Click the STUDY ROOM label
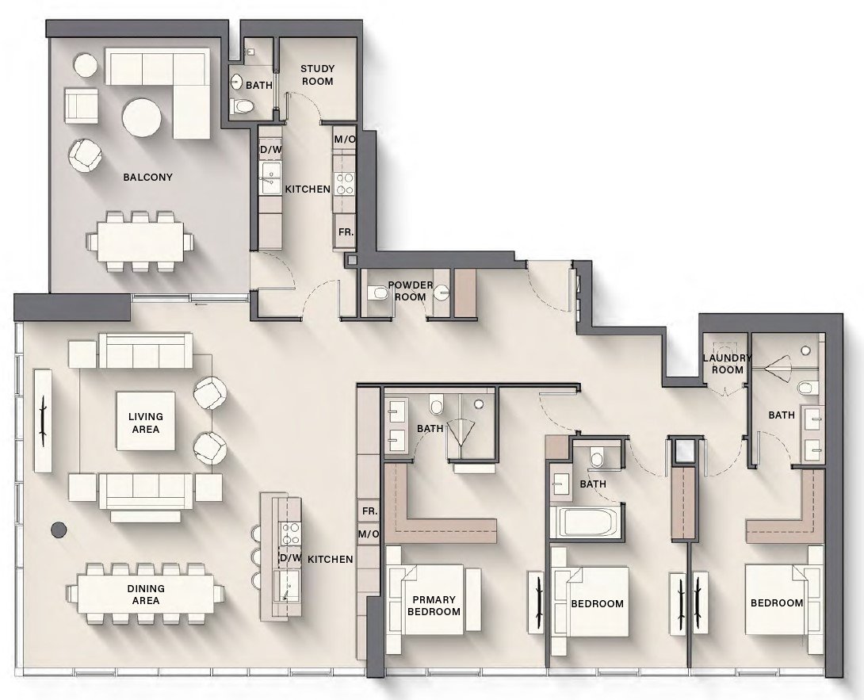pyautogui.click(x=317, y=75)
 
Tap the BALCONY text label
pyautogui.click(x=147, y=177)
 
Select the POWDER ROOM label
pyautogui.click(x=410, y=291)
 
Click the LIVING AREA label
pyautogui.click(x=146, y=423)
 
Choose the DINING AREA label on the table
pyautogui.click(x=146, y=594)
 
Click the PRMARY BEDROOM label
pyautogui.click(x=433, y=605)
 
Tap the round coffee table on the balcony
pyautogui.click(x=143, y=117)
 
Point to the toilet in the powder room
pyautogui.click(x=378, y=294)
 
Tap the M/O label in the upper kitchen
pyautogui.click(x=344, y=140)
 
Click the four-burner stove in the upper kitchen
pyautogui.click(x=344, y=184)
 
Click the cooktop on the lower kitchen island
pyautogui.click(x=291, y=530)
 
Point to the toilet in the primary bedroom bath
pyautogui.click(x=435, y=406)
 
